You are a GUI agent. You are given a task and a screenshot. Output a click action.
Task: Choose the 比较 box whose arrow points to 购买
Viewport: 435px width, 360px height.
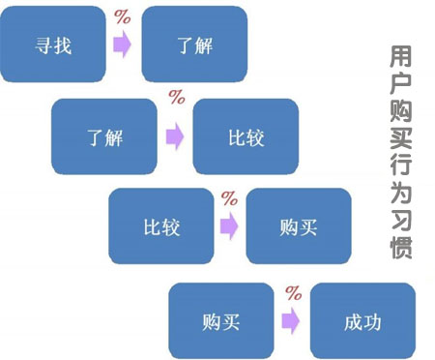tap(159, 226)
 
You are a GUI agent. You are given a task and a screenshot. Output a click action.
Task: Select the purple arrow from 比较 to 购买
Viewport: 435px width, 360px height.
tap(228, 227)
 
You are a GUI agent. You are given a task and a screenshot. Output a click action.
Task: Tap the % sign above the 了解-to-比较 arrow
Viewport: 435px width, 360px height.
tap(177, 98)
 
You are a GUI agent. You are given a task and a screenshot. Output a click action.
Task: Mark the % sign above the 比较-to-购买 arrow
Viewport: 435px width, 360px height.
tap(230, 198)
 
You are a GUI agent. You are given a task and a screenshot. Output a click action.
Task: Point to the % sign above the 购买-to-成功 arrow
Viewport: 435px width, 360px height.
tap(293, 290)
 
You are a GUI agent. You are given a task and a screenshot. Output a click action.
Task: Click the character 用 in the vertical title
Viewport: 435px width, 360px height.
tap(401, 57)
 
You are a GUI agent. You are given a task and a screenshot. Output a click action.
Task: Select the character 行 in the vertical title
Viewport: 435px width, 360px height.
tap(401, 153)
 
